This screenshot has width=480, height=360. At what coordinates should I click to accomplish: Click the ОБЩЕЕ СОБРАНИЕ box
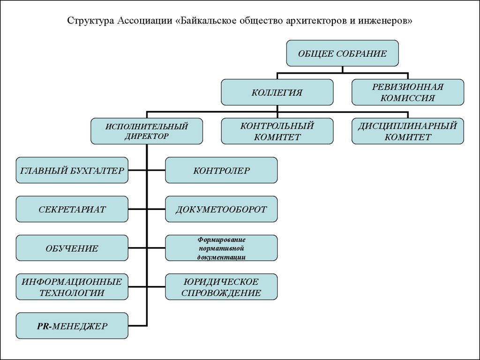click(342, 53)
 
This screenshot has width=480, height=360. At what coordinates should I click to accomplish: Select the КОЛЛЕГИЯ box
click(277, 92)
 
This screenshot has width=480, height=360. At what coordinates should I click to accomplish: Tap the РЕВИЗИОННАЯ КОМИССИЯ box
click(408, 92)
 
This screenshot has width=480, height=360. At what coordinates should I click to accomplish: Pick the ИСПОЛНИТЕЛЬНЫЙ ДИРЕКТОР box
click(147, 131)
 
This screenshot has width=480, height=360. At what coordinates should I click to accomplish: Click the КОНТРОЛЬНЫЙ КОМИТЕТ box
click(277, 131)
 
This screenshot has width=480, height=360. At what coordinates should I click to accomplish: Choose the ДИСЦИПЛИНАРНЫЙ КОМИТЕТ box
click(408, 131)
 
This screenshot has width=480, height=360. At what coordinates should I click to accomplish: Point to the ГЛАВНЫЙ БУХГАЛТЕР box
click(72, 170)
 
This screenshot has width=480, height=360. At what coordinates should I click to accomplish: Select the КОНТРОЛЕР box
click(221, 170)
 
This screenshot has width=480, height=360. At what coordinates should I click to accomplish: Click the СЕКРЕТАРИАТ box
click(72, 209)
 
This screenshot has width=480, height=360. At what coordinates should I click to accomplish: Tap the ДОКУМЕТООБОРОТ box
click(221, 209)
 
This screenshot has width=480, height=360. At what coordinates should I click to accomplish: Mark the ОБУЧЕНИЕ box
click(72, 248)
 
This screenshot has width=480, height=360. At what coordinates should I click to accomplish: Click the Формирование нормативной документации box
click(221, 248)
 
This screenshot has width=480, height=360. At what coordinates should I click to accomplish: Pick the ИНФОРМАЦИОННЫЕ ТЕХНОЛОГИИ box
click(72, 287)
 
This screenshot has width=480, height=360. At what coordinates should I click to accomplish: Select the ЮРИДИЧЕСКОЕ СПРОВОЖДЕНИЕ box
click(221, 287)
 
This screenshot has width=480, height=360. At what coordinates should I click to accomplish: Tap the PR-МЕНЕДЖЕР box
click(72, 326)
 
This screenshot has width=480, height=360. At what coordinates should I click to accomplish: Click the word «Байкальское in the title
click(207, 21)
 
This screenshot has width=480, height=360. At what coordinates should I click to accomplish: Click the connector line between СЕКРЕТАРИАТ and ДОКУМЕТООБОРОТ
click(147, 209)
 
